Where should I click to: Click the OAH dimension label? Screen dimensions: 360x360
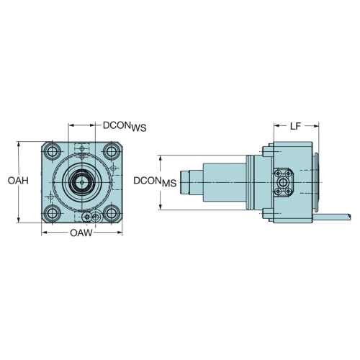(x=18, y=181)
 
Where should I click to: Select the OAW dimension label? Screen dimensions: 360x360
(x=81, y=233)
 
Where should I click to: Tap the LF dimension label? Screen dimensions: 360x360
(x=295, y=126)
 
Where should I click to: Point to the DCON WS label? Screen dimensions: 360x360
(x=125, y=127)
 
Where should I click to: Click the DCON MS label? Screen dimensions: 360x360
(x=155, y=181)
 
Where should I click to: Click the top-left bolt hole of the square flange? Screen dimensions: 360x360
(x=53, y=151)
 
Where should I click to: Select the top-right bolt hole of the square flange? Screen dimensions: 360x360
(x=111, y=151)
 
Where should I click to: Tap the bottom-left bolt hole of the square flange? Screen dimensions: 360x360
(x=53, y=213)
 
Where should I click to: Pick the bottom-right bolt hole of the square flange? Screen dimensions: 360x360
(x=111, y=213)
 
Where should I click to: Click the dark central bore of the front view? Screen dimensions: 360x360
(x=82, y=182)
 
